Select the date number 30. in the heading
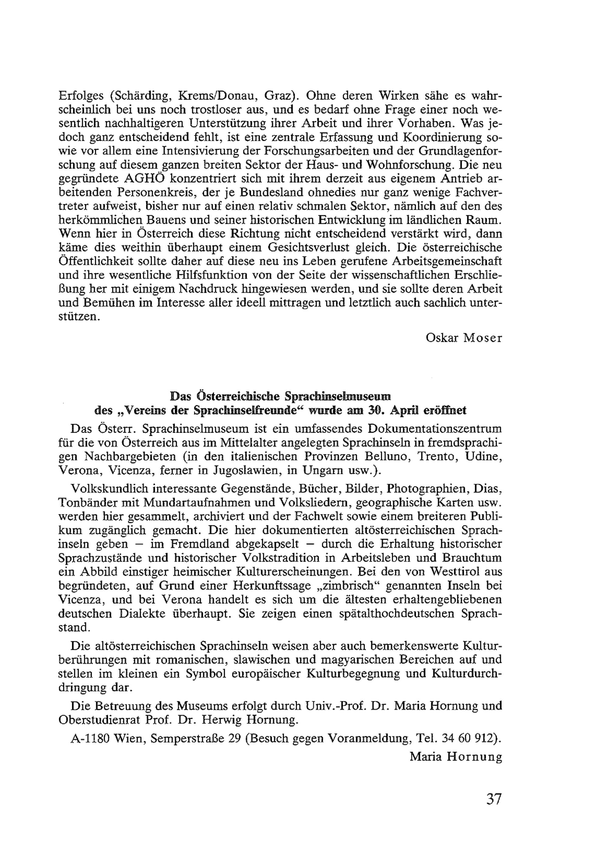pos(377,410)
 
